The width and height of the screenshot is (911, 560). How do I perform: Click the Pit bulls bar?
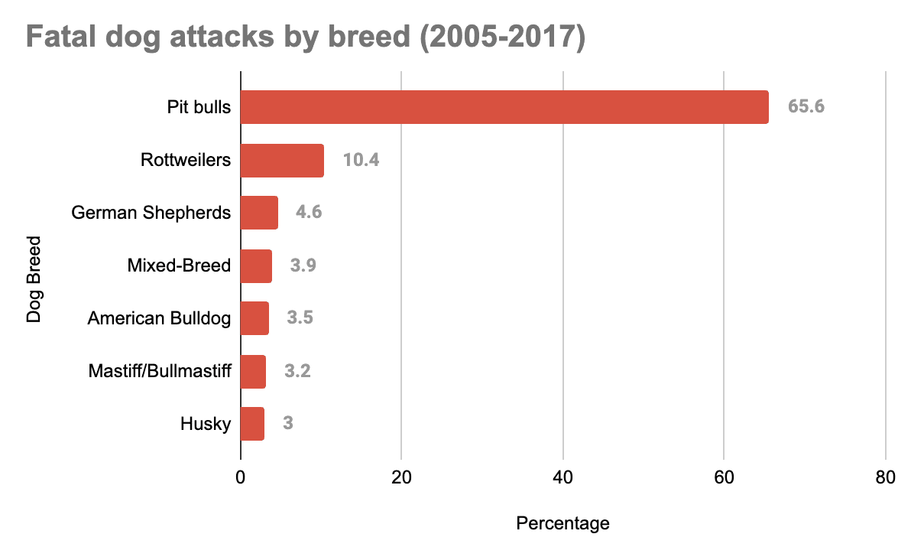pyautogui.click(x=504, y=106)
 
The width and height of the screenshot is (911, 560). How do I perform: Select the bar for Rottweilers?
pyautogui.click(x=282, y=160)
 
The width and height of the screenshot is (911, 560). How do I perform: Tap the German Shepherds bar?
pyautogui.click(x=259, y=212)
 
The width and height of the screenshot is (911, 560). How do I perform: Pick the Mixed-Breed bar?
pyautogui.click(x=256, y=265)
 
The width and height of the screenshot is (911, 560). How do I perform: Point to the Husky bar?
pyautogui.click(x=252, y=423)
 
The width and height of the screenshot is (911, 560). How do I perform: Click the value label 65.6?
pyautogui.click(x=806, y=106)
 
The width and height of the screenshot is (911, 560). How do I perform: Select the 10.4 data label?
pyautogui.click(x=361, y=160)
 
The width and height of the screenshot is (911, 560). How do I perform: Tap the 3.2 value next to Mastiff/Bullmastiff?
pyautogui.click(x=297, y=371)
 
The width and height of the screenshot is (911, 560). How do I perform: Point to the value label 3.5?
pyautogui.click(x=300, y=317)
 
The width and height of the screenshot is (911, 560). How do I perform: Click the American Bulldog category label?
pyautogui.click(x=159, y=317)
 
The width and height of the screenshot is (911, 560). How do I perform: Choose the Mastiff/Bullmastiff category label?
pyautogui.click(x=159, y=371)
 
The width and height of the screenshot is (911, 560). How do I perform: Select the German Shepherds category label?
pyautogui.click(x=151, y=212)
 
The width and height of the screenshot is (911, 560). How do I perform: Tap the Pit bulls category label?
pyautogui.click(x=199, y=106)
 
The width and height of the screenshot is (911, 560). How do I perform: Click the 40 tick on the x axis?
pyautogui.click(x=563, y=477)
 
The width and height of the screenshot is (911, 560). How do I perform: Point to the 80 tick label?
pyautogui.click(x=885, y=477)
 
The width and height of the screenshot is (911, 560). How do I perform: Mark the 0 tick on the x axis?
pyautogui.click(x=241, y=477)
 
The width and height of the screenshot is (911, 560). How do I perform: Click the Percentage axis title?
pyautogui.click(x=563, y=523)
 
